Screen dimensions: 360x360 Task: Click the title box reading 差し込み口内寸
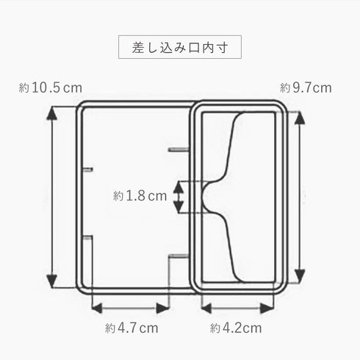[180, 47]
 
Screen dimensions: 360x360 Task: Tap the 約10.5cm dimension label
[51, 88]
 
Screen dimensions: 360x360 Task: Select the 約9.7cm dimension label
[306, 88]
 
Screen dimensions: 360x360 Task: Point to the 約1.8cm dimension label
[140, 196]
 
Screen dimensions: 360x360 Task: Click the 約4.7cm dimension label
[132, 328]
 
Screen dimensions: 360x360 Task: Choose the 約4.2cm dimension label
[236, 328]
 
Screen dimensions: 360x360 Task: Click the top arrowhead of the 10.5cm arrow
[51, 113]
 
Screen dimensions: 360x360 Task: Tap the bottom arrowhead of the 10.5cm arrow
[51, 281]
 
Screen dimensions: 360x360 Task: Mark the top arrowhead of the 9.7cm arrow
[299, 118]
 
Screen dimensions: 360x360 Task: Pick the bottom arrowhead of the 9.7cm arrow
[299, 276]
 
